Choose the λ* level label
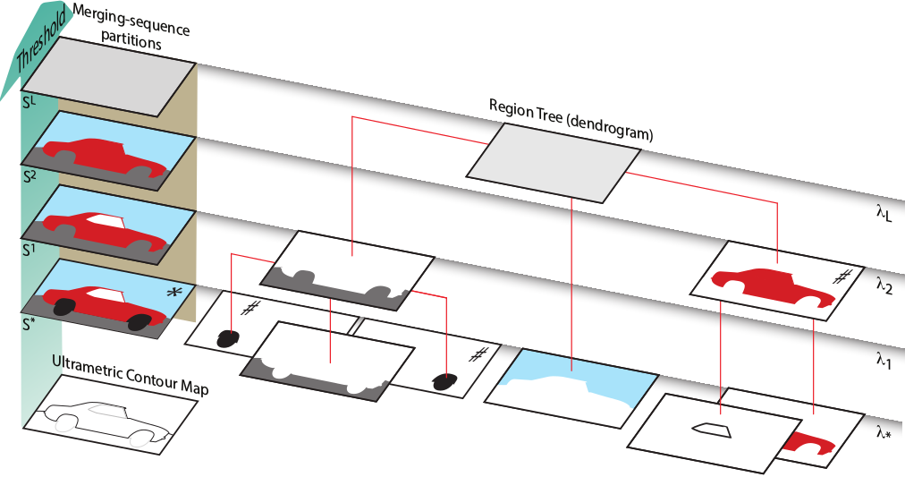click(x=884, y=431)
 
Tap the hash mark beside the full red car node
click(x=841, y=277)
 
